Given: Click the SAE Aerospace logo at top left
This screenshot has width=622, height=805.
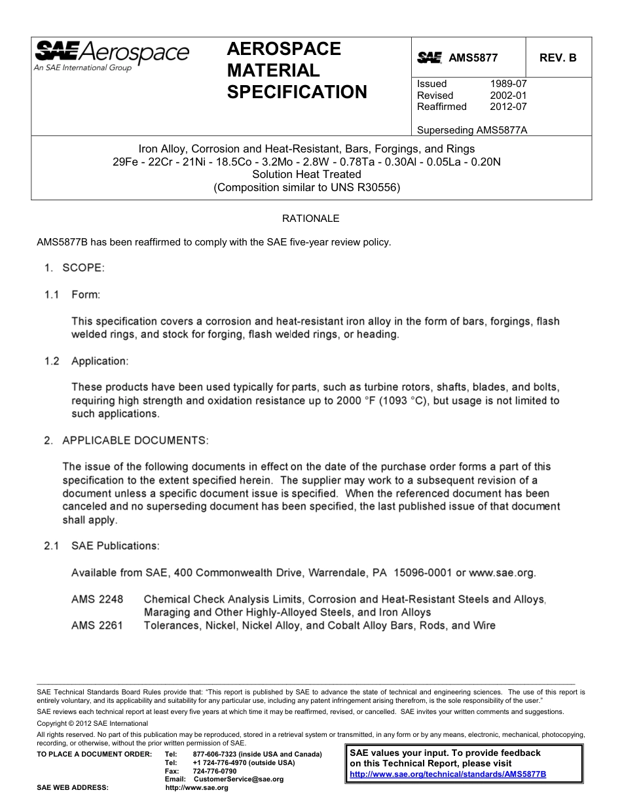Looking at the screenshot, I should (111, 55).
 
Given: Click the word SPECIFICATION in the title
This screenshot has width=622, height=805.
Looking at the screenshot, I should (297, 92).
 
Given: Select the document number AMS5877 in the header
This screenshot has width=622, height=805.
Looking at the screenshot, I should (473, 58).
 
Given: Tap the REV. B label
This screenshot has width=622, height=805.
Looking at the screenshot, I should (558, 58).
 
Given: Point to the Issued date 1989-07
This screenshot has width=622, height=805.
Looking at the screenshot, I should (508, 84).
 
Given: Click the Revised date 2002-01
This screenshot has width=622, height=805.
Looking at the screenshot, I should (508, 96).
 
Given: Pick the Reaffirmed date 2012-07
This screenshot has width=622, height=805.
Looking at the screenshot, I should (508, 107).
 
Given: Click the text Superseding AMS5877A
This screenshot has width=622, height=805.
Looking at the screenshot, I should (471, 130).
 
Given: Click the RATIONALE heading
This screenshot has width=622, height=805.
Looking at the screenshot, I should (310, 219).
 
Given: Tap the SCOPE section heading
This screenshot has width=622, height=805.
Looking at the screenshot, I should (83, 268).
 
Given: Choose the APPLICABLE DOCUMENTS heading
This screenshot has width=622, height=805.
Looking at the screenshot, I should (135, 440).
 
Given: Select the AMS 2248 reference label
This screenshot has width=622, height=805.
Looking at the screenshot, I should (97, 599).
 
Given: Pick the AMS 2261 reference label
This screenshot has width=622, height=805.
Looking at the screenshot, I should (97, 626).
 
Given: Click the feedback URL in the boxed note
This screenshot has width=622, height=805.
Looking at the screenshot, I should (448, 774).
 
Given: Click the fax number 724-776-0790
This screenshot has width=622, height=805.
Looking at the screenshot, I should (215, 771).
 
